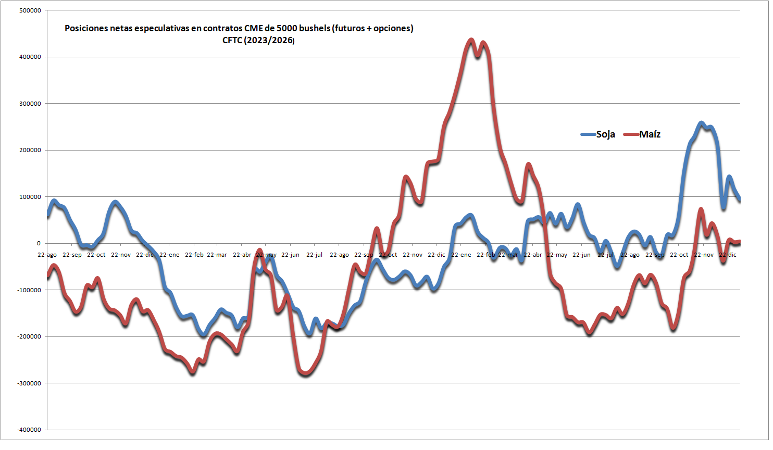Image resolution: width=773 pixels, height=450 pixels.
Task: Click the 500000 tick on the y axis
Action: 30,10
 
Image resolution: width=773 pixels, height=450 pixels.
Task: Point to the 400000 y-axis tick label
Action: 30,57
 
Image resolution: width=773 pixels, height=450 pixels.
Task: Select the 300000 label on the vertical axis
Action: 30,104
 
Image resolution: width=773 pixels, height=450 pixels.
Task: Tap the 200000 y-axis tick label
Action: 30,150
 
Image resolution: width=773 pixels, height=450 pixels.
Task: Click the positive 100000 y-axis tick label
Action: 30,197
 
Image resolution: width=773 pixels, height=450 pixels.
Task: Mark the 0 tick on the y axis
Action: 38,243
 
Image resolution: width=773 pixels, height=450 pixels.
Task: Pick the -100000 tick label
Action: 29,290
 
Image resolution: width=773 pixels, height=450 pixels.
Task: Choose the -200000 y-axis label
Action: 29,336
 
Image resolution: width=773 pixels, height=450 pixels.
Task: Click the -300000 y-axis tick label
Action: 29,383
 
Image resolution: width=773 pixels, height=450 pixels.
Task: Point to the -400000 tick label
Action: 29,430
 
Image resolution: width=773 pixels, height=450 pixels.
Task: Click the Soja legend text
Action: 605,134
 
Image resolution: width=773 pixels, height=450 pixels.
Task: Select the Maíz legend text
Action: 650,134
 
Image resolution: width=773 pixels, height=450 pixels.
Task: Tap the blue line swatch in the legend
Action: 588,134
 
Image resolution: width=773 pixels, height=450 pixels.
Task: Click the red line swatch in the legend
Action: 631,134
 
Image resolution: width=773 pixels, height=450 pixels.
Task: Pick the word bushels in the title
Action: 315,28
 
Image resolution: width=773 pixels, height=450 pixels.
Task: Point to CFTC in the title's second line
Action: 232,41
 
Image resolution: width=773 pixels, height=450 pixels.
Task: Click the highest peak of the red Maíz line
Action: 471,40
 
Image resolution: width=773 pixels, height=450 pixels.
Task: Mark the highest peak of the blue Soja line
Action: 701,123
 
